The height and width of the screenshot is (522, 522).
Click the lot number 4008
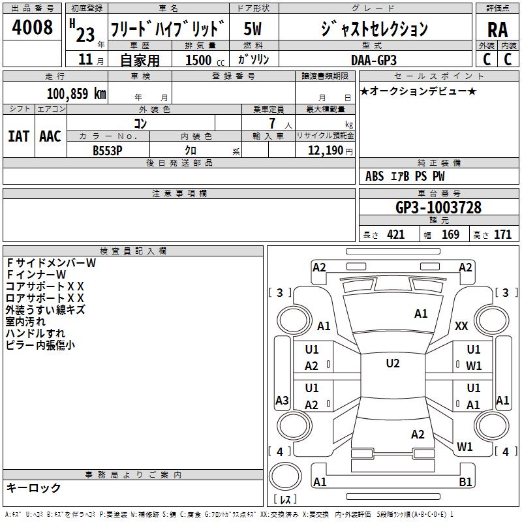pyautogui.click(x=33, y=27)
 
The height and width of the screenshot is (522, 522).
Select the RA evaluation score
pyautogui.click(x=497, y=30)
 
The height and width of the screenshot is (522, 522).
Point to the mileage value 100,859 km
pyautogui.click(x=76, y=93)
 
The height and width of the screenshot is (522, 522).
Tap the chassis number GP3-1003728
pyautogui.click(x=438, y=207)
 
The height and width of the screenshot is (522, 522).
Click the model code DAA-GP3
pyautogui.click(x=373, y=60)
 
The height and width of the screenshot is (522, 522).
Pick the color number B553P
pyautogui.click(x=108, y=150)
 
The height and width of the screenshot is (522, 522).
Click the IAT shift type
pyautogui.click(x=18, y=136)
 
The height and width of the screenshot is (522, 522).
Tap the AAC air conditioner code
pyautogui.click(x=50, y=136)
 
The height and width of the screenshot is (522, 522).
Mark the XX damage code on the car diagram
pyautogui.click(x=461, y=326)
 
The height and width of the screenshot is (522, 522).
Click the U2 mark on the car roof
pyautogui.click(x=392, y=363)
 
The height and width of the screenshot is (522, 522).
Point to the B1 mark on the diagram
pyautogui.click(x=465, y=482)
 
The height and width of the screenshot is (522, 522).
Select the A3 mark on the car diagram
pyautogui.click(x=282, y=401)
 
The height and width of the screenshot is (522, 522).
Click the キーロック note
pyautogui.click(x=33, y=487)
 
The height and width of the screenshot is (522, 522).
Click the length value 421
pyautogui.click(x=395, y=235)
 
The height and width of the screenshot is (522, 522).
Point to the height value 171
pyautogui.click(x=502, y=235)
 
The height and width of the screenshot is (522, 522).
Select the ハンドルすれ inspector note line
pyautogui.click(x=35, y=333)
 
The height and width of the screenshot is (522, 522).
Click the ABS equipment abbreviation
pyautogui.click(x=375, y=176)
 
